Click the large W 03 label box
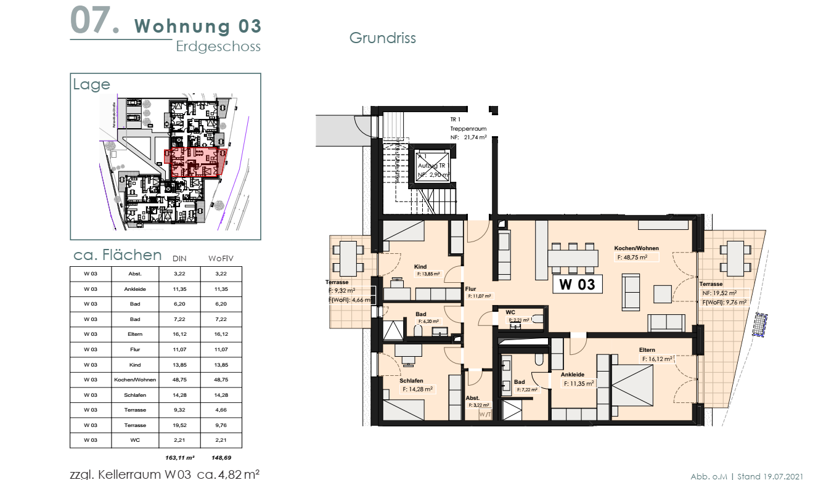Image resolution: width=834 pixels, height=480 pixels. click(577, 284)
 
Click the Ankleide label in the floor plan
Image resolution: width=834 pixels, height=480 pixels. click(572, 374)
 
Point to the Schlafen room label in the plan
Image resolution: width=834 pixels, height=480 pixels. click(411, 381)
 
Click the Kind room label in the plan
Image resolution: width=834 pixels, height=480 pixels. click(420, 267)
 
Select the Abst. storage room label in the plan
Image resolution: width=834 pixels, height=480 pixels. click(472, 398)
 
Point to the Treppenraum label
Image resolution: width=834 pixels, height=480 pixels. click(468, 129)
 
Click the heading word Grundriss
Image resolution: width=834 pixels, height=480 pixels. click(382, 38)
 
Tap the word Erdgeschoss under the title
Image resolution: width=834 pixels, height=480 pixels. click(218, 47)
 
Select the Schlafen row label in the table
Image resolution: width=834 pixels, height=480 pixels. click(135, 395)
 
